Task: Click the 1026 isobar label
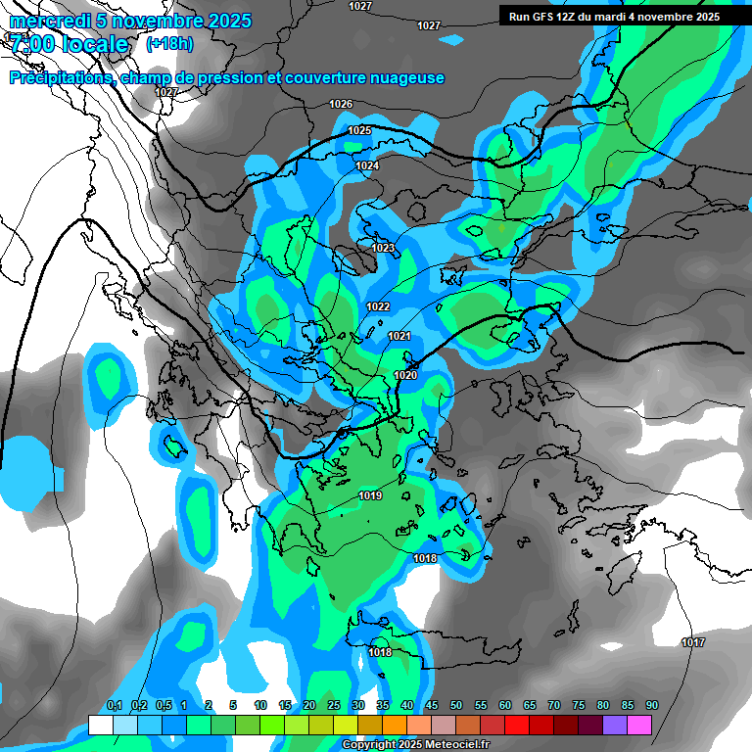click(341, 104)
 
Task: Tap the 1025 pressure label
click(359, 130)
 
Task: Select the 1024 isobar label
click(367, 165)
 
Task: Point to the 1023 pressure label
click(383, 248)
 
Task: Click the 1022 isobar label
click(378, 306)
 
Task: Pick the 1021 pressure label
click(399, 336)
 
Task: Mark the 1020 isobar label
click(405, 375)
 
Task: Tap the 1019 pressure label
click(370, 495)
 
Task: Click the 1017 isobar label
click(693, 642)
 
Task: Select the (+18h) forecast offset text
click(169, 43)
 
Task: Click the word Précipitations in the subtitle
click(58, 78)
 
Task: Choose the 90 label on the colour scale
click(652, 705)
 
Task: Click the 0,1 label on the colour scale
click(115, 705)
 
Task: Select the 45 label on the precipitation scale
click(432, 705)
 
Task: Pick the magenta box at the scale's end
click(639, 725)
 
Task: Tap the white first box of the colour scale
click(101, 725)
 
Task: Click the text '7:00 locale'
click(69, 44)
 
